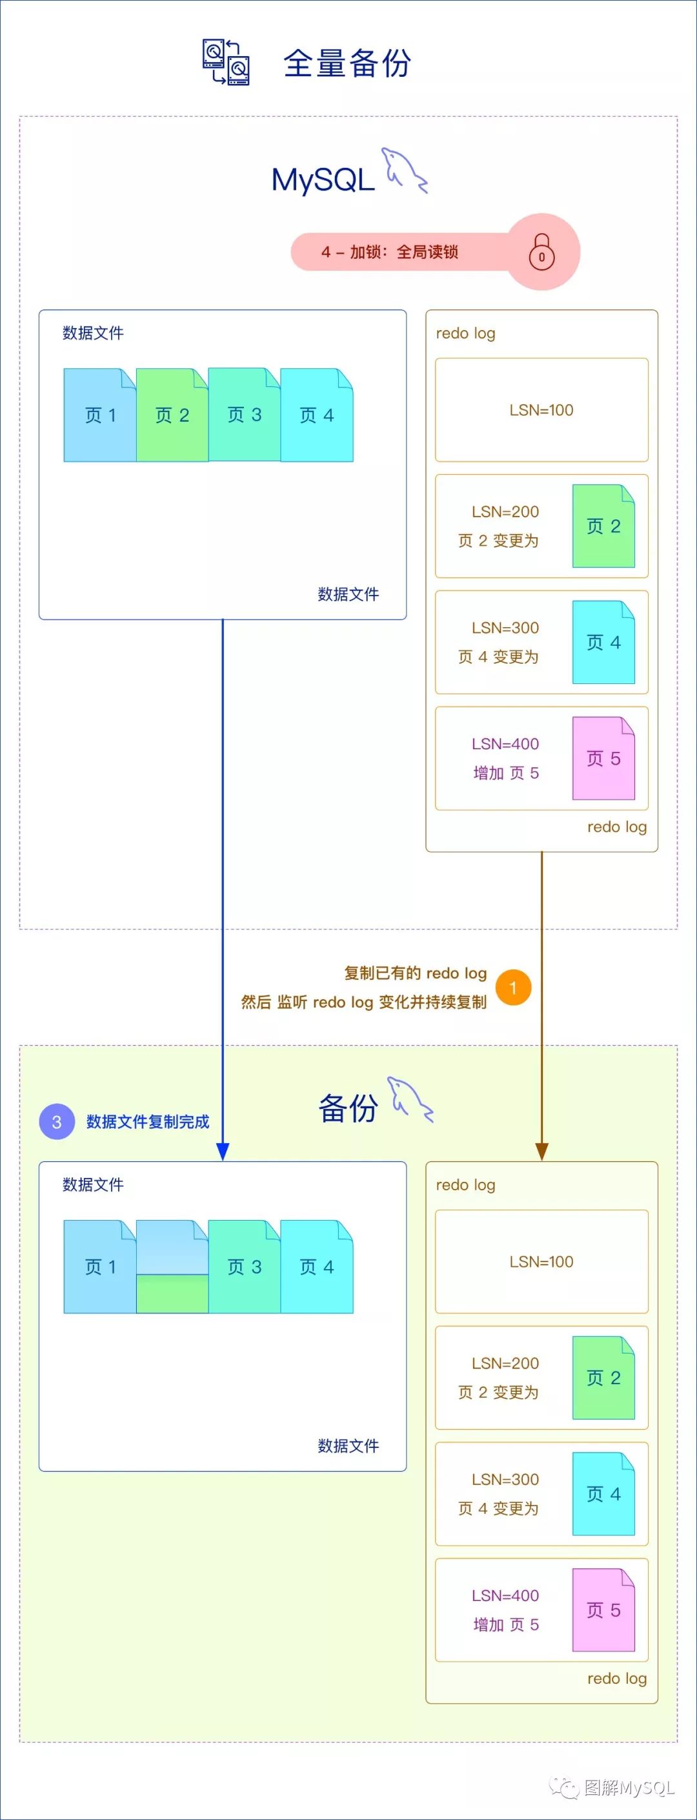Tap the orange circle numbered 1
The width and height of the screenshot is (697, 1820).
point(512,987)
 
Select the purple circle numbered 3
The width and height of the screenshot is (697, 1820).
point(57,1121)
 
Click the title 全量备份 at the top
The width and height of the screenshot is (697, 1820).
point(347,63)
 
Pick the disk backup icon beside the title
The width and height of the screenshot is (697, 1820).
point(226,62)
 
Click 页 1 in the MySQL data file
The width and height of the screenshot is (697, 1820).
point(99,415)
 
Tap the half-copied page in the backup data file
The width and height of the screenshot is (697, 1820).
point(172,1267)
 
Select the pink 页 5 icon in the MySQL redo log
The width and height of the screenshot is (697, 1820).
point(603,758)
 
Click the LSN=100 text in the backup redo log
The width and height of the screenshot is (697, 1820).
point(541,1261)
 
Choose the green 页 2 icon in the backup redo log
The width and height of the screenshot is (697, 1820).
point(603,1377)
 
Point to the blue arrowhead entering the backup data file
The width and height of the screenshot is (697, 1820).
point(223,1150)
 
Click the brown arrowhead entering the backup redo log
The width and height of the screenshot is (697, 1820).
point(541,1150)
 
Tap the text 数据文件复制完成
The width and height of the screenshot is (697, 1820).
point(148,1121)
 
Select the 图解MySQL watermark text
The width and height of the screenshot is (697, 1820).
point(629,1787)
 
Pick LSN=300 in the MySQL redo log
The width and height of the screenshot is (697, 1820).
point(505,627)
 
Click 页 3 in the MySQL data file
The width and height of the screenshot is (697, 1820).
point(245,415)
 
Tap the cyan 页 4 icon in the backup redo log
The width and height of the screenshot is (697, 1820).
point(603,1494)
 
